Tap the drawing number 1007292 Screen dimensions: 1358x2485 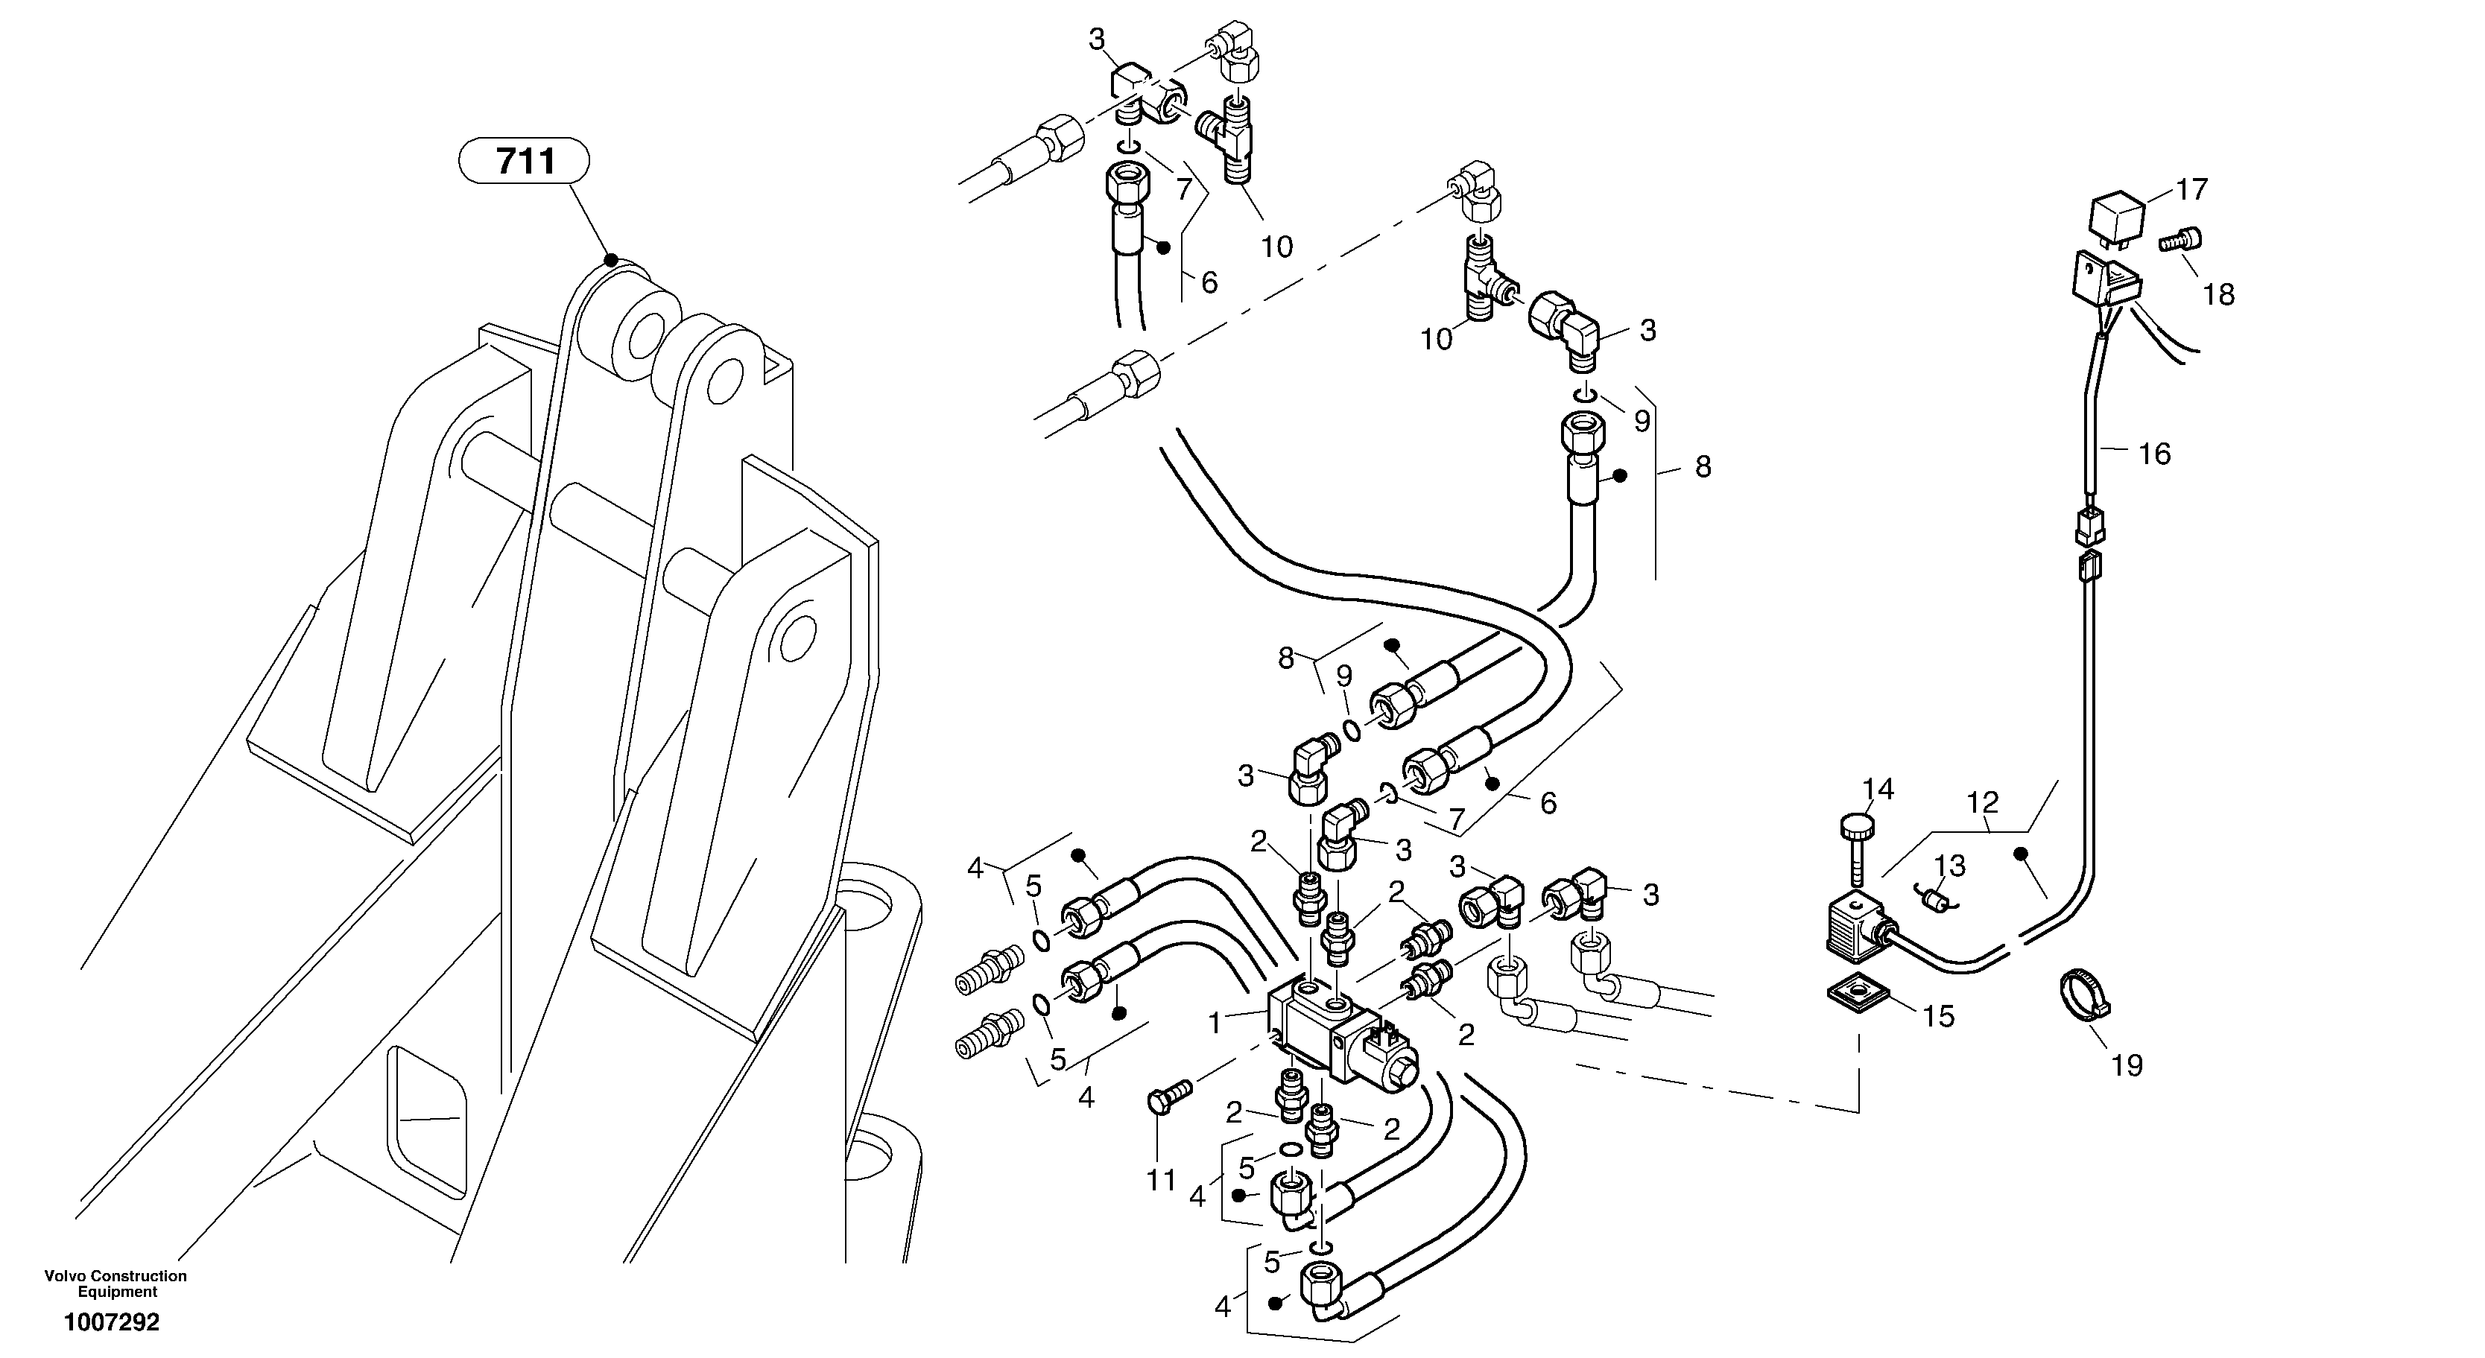[112, 1322]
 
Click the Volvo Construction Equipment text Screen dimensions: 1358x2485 [115, 1284]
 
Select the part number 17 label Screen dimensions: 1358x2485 [2191, 189]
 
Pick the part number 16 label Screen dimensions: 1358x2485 [2154, 454]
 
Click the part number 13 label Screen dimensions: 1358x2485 [1949, 866]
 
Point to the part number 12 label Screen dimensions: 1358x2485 [1982, 802]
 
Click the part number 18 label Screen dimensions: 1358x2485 [2219, 294]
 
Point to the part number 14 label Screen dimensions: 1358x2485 [1877, 789]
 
